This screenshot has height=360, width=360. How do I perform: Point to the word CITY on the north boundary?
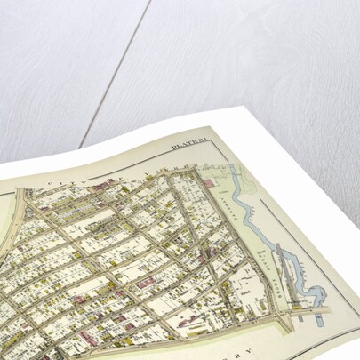[60, 182]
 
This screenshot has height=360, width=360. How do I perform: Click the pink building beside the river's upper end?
[208, 181]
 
